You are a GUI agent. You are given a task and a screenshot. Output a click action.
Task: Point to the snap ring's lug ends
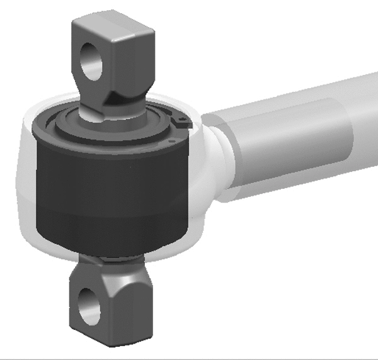pyautogui.click(x=181, y=121)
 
